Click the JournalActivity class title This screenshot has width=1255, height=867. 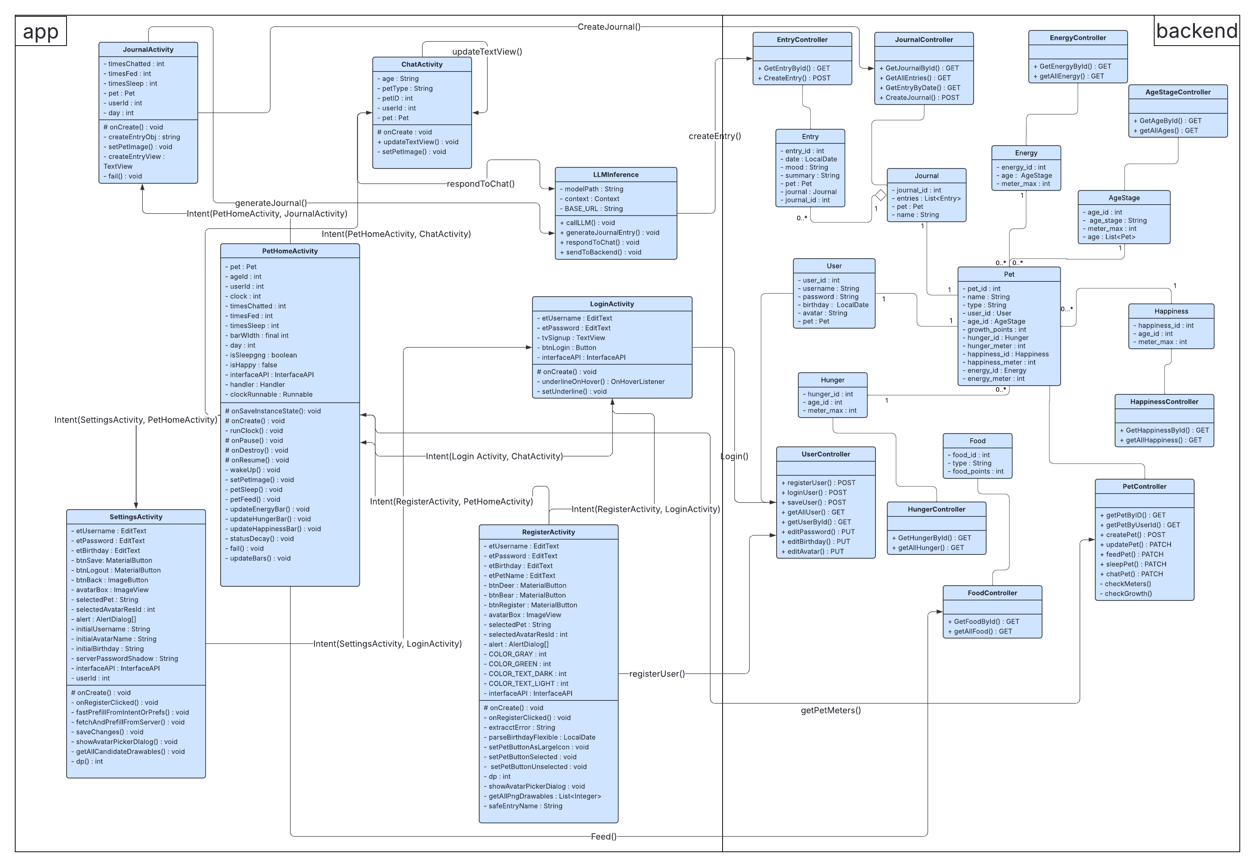(x=148, y=49)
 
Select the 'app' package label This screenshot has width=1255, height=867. (x=40, y=32)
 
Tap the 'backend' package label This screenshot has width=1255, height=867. (x=1196, y=31)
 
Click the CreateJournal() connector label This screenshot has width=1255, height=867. (x=608, y=27)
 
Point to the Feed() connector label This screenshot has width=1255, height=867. (x=604, y=836)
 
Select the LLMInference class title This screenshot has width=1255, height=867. (x=616, y=175)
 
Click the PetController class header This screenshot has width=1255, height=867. (x=1144, y=486)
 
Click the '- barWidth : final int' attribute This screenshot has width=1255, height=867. (x=259, y=335)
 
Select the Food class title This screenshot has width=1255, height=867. (x=977, y=441)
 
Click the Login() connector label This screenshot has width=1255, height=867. (x=734, y=456)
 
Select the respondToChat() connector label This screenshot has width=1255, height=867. (x=480, y=184)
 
